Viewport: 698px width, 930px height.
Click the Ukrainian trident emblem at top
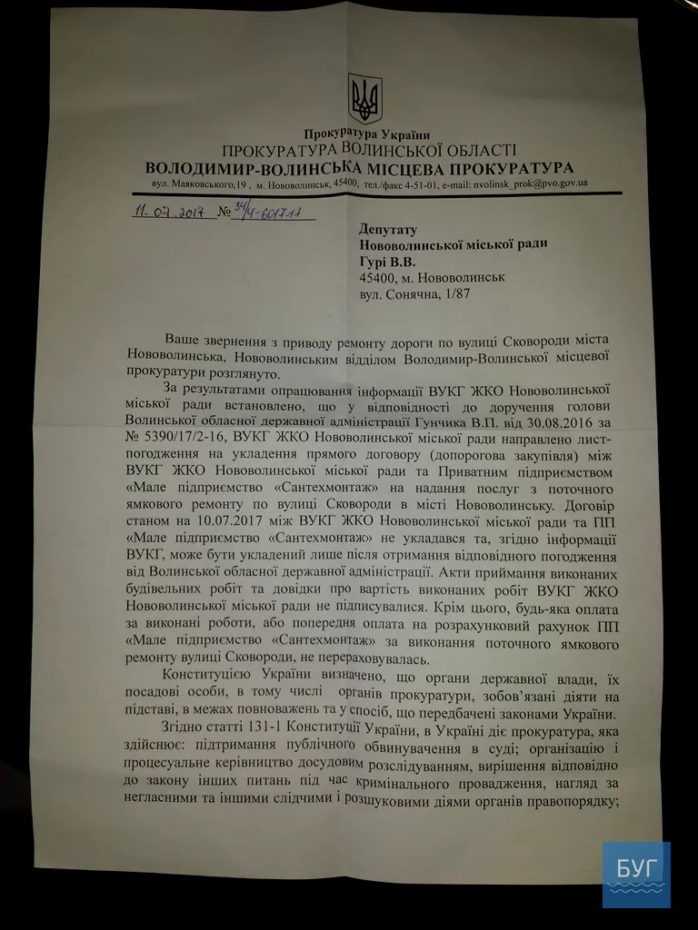click(x=365, y=99)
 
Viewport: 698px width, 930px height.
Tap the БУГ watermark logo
click(x=635, y=874)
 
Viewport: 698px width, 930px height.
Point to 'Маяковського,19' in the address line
click(x=194, y=184)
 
